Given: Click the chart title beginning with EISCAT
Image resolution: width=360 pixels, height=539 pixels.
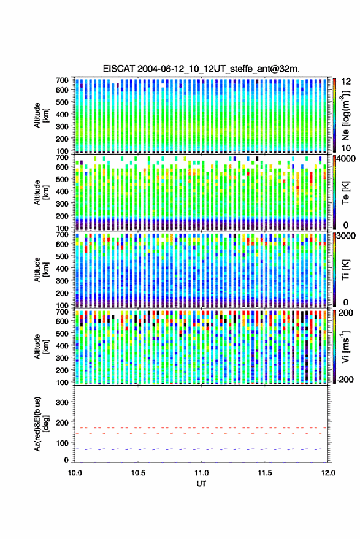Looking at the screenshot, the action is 201,69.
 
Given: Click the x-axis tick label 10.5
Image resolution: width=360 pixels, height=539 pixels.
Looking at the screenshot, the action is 138,473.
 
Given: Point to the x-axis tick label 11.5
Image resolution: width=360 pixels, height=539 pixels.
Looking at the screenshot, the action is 264,473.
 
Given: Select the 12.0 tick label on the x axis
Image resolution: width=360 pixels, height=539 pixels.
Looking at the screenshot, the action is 328,473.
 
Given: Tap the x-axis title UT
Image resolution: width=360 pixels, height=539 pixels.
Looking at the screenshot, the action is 201,484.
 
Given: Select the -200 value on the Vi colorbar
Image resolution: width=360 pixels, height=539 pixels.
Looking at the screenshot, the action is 345,380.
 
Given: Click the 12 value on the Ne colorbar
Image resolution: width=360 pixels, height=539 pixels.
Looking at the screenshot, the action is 346,82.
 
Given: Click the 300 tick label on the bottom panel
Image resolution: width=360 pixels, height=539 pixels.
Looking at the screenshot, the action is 62,402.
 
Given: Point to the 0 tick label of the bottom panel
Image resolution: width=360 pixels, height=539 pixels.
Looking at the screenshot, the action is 66,460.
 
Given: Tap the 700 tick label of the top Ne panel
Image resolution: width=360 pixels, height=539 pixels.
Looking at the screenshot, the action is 62,80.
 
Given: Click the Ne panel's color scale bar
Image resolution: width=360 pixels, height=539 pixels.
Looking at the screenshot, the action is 334,115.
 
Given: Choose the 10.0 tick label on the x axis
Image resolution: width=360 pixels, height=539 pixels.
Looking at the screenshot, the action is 75,473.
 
